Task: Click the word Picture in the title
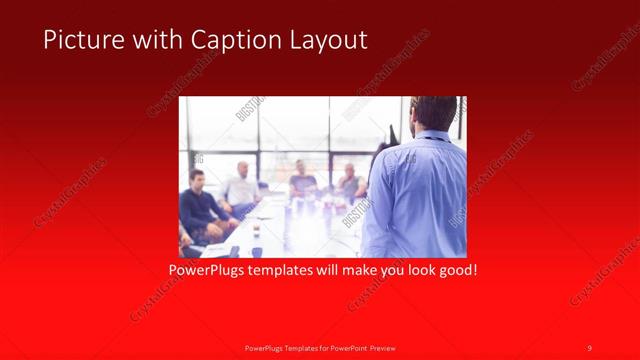click(x=81, y=40)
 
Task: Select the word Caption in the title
click(x=218, y=40)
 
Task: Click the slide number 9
click(x=590, y=347)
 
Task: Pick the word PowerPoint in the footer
click(x=349, y=347)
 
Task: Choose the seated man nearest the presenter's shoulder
click(x=350, y=182)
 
